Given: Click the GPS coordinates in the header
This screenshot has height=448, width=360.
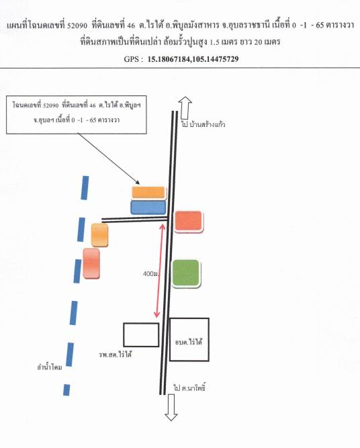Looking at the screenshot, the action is (x=193, y=59).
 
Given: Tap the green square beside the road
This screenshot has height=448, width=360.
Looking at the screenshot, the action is (x=186, y=273).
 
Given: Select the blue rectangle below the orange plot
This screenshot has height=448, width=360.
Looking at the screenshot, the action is (x=148, y=208).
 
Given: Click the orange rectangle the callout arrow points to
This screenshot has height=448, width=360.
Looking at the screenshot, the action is (x=148, y=192).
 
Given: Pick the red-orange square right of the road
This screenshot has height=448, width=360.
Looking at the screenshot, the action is (x=188, y=221).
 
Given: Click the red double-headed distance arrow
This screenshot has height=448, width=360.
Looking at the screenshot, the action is (x=160, y=271).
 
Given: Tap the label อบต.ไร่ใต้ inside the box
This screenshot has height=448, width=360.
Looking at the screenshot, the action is (x=189, y=342).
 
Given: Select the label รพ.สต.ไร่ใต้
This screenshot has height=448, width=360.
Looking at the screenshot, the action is (x=116, y=355).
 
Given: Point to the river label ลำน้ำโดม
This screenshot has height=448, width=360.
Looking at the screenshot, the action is (x=50, y=367).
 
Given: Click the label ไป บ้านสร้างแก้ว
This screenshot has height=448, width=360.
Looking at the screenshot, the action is (x=203, y=124).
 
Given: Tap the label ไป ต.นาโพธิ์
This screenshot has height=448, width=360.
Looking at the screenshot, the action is (x=189, y=388).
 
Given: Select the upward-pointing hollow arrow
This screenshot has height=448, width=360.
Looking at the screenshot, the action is (x=185, y=107).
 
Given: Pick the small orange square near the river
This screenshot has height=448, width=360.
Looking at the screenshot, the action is (x=99, y=235).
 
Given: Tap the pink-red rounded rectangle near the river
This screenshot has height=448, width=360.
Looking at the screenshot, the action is (x=91, y=263).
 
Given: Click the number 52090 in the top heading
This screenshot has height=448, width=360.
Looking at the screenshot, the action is (x=77, y=26).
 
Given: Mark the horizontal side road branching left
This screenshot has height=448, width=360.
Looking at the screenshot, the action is (x=134, y=219).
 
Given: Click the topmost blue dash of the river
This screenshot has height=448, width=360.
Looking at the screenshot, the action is (x=85, y=187).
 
